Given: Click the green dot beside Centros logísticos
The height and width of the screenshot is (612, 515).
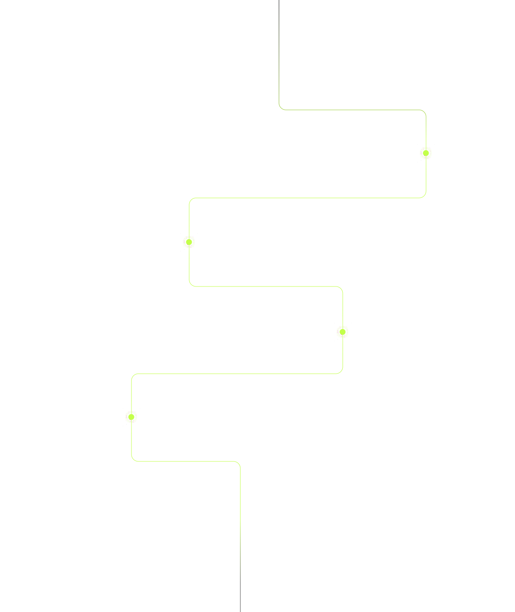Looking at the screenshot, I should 426,153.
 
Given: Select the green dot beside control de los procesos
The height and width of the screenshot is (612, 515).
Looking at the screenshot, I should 189,242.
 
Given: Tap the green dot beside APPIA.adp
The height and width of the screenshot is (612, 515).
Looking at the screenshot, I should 342,332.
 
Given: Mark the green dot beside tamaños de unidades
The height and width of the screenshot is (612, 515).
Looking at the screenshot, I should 131,417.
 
